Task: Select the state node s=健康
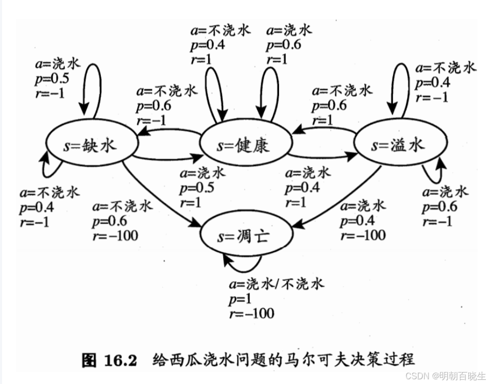coord(244,145)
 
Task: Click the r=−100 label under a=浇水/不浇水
coord(251,313)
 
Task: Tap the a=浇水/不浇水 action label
coord(276,284)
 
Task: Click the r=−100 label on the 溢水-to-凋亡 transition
coord(363,235)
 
